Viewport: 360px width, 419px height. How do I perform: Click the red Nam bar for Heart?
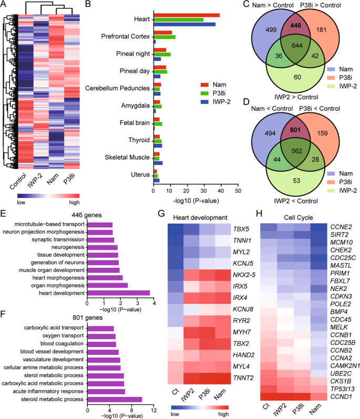point(186,15)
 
